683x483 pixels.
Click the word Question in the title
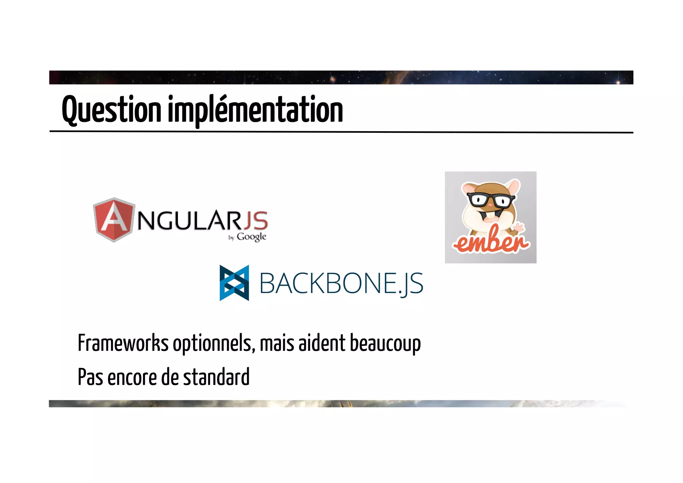111,109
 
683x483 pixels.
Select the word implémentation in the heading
255,109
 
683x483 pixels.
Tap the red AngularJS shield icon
114,220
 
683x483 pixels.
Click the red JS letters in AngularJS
255,221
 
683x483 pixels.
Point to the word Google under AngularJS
251,237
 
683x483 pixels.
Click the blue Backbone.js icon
234,283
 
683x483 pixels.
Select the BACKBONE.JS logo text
341,283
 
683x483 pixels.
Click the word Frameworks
123,343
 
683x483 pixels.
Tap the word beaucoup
385,343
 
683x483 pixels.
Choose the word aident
322,343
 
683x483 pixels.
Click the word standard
216,377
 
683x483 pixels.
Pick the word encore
132,377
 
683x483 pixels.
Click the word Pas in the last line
90,377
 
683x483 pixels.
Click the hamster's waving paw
519,228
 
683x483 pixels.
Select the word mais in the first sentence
277,343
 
